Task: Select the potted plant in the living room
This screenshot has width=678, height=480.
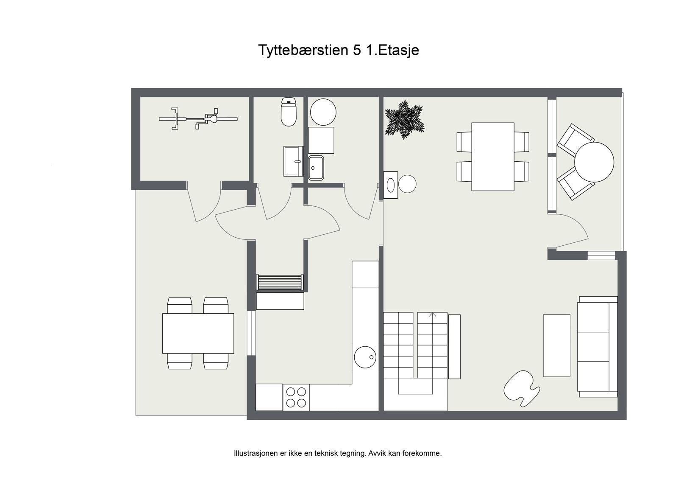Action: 404,119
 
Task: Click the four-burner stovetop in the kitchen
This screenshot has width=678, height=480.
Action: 296,397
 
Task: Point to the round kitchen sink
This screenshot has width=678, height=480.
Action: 365,357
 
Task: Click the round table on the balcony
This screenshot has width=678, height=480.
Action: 594,162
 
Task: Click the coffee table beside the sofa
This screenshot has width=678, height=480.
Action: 557,345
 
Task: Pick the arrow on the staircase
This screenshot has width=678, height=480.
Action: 433,315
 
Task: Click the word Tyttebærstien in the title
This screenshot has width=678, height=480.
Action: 303,50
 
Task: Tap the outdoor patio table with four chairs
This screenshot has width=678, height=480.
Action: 198,333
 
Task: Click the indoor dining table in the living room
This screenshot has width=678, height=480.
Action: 493,157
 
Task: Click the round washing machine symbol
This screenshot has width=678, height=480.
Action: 323,112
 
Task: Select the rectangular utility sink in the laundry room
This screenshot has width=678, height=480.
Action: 316,168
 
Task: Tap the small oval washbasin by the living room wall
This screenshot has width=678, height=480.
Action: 391,185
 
